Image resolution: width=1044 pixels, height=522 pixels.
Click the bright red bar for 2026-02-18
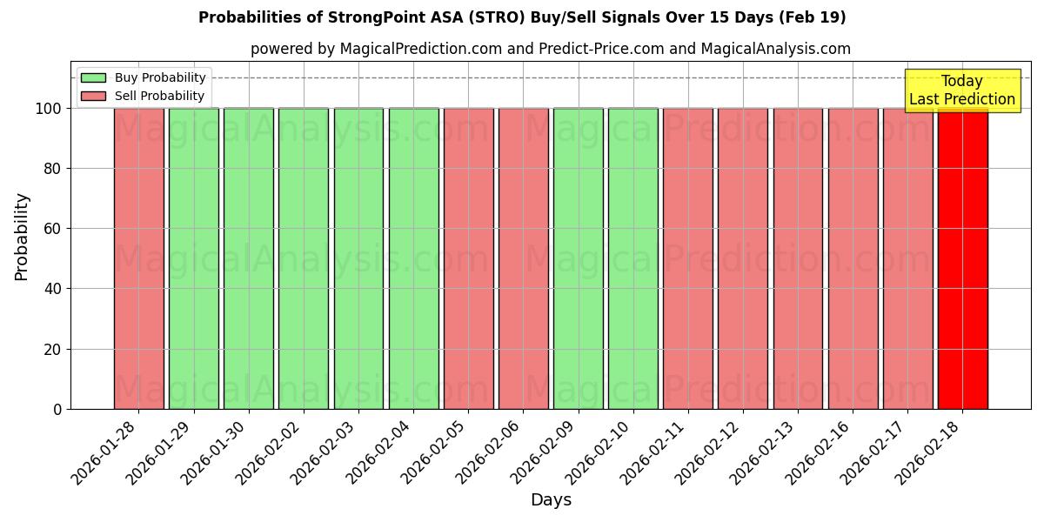[962, 258]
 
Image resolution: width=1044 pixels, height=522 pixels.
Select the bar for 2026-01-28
[138, 258]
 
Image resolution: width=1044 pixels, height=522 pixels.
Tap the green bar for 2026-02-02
[304, 258]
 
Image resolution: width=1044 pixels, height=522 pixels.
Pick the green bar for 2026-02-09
[578, 258]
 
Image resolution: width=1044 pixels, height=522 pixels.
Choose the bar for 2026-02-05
[468, 258]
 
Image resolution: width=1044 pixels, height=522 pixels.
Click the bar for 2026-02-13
[798, 258]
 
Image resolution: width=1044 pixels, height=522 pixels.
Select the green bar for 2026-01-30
[249, 258]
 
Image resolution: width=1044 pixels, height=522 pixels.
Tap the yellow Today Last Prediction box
[961, 90]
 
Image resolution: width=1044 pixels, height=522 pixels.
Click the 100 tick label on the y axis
[47, 109]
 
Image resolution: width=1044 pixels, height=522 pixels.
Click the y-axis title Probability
[22, 236]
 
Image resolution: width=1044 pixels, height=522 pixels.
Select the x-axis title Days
[551, 500]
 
